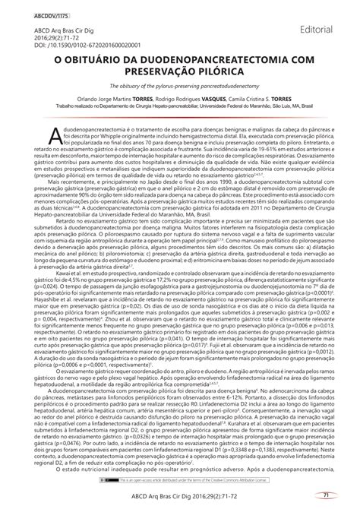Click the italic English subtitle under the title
click(179, 92)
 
